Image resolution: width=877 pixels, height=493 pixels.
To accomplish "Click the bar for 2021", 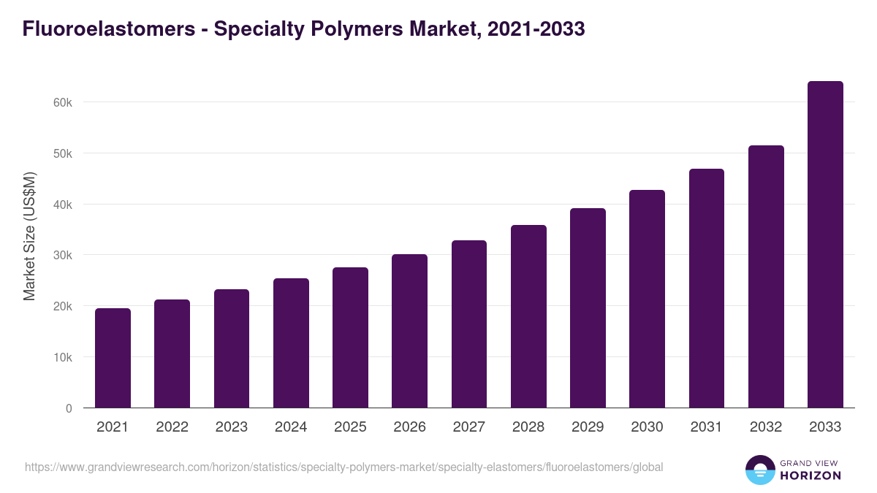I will [x=113, y=358].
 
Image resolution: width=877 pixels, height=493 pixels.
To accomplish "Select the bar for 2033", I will [x=825, y=245].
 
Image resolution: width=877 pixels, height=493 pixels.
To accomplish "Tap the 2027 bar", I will [x=469, y=324].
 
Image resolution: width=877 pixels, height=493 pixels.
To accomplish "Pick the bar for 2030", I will [x=647, y=299].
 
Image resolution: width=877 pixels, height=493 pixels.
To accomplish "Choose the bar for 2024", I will [x=291, y=343].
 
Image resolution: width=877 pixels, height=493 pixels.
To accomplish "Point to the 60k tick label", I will [x=63, y=103].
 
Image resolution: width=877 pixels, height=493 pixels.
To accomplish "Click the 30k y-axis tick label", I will [x=63, y=256].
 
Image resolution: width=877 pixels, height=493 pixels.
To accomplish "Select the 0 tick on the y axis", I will [x=69, y=408].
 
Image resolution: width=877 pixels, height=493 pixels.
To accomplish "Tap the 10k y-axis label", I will [x=63, y=358].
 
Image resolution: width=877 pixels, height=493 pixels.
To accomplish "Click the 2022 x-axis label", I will [x=172, y=427].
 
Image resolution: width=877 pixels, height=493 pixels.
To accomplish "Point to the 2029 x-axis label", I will [x=588, y=427].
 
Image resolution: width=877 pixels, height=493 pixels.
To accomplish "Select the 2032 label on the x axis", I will [x=766, y=427].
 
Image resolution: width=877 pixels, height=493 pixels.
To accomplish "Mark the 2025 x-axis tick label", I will [x=350, y=427].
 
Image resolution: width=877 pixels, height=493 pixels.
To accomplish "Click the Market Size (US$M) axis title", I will [x=29, y=236].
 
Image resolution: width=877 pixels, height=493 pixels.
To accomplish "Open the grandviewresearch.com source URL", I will [x=343, y=467].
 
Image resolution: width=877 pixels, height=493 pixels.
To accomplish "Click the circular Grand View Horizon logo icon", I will [x=760, y=470].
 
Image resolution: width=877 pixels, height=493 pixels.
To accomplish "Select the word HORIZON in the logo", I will [x=811, y=475].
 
